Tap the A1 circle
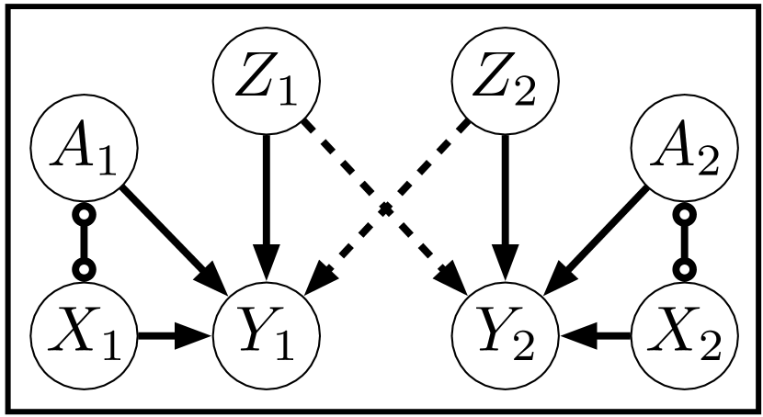coord(84,152)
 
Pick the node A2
coord(681,152)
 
